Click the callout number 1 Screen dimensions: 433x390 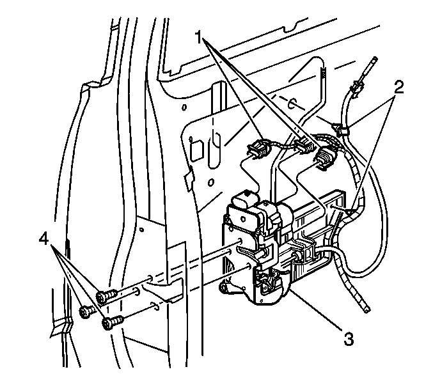(200, 38)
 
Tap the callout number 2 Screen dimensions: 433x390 (398, 87)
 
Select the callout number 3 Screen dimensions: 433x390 (349, 339)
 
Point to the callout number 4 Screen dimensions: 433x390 (43, 238)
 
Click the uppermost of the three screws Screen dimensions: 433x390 (106, 296)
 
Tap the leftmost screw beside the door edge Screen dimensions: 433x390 (86, 312)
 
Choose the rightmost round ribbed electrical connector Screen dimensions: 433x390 (326, 158)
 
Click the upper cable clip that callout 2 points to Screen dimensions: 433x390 (340, 129)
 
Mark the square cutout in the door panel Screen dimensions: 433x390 (197, 150)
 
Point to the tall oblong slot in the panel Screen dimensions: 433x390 (215, 150)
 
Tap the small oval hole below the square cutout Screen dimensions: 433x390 (210, 182)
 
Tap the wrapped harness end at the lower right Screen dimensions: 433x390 (366, 309)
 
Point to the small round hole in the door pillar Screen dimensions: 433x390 (141, 230)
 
